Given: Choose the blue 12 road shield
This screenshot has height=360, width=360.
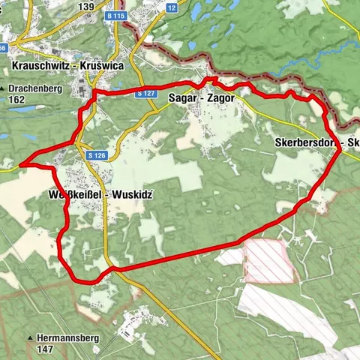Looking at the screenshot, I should (x=171, y=8).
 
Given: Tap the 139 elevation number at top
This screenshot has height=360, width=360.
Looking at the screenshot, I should (x=85, y=7).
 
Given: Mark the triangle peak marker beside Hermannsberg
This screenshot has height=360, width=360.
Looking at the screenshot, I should (x=31, y=338).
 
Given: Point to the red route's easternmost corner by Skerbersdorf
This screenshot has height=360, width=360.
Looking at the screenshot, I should (x=341, y=151).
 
